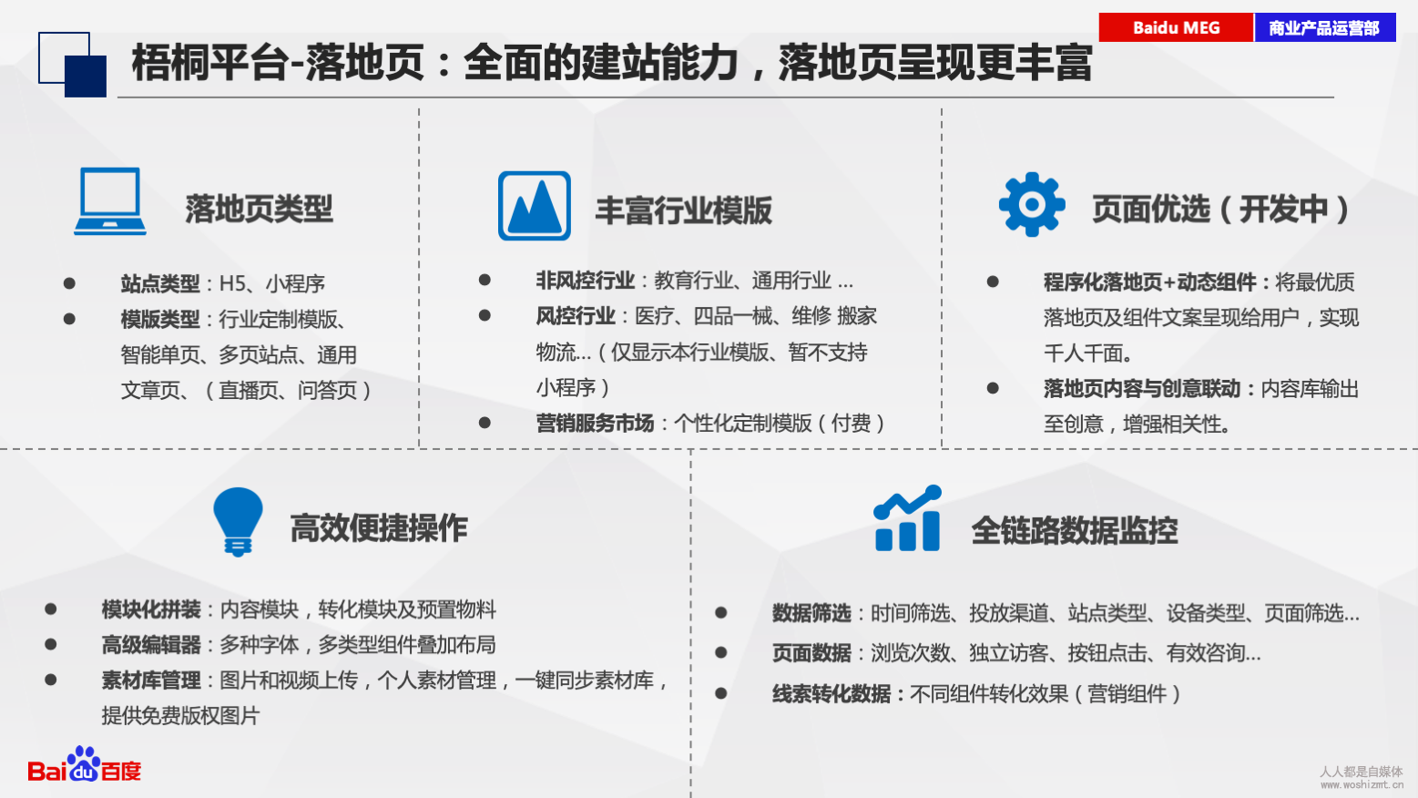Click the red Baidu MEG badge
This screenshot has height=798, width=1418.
point(1176,28)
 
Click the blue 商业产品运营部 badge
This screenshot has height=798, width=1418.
point(1325,28)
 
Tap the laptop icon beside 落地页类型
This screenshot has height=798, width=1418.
point(110,201)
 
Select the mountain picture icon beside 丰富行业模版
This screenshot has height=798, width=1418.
point(535,206)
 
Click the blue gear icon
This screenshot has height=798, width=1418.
point(1032,205)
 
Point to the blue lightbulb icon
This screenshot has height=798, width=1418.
point(238,522)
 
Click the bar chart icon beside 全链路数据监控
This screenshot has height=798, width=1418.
point(907,518)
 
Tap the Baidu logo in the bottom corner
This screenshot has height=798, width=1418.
point(84,764)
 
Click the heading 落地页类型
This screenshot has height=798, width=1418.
point(259,209)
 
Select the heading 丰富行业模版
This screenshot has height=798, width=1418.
point(684,210)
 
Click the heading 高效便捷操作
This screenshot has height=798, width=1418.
point(379,528)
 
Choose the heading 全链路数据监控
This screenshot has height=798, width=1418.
point(1075,531)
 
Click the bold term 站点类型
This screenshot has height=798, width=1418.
point(160,283)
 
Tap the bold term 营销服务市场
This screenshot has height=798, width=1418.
point(595,423)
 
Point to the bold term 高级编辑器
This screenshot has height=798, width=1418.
point(150,645)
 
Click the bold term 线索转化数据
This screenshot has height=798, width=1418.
point(831,694)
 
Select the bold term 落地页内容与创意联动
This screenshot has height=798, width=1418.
point(1142,389)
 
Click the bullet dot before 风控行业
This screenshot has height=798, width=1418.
point(485,315)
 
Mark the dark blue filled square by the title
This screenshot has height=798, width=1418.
point(86,76)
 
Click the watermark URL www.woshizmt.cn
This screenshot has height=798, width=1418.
point(1362,784)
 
